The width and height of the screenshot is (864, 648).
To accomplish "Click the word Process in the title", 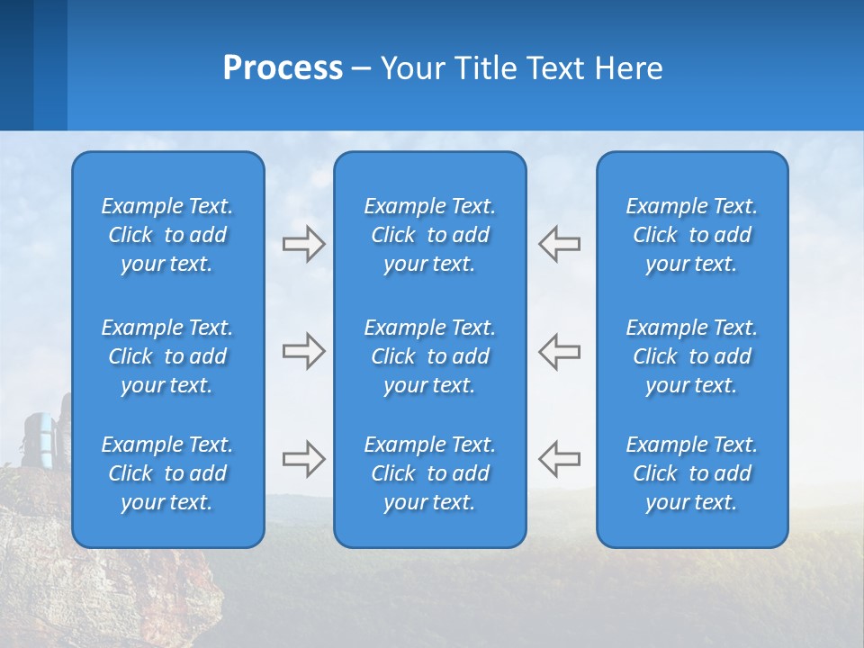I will coord(283,68).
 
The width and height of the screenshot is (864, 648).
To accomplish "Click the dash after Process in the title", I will coord(362,69).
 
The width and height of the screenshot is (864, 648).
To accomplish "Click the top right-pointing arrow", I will coord(303,244).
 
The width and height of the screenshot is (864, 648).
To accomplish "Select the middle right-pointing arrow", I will coord(303,351).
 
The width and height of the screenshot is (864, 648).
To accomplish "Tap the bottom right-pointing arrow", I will coord(303,458).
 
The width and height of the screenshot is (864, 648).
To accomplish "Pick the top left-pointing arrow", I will coord(560,244).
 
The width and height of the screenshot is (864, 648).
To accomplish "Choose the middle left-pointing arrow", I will coord(560,351).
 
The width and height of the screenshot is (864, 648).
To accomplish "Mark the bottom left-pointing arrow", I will coord(560,458).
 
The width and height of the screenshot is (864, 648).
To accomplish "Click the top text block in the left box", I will coord(167,235).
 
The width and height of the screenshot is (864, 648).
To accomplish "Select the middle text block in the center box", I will coord(429,356).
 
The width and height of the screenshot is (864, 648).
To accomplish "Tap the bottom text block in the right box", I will coord(691,473).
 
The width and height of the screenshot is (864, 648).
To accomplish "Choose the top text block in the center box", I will coord(429,235).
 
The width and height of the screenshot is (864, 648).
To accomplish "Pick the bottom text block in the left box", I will coord(167,473).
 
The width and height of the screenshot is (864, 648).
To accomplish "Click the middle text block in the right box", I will coord(691,356).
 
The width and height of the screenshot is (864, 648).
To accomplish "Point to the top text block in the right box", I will coord(691,235).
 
